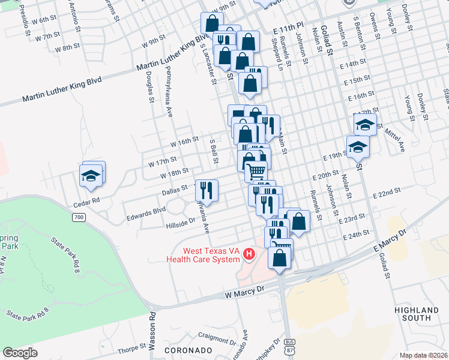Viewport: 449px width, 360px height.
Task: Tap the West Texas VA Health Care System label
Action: (x=208, y=255)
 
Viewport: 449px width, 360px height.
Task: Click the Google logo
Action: (x=20, y=353)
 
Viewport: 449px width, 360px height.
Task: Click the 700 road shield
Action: (x=79, y=217)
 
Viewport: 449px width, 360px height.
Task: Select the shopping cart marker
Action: (x=256, y=171)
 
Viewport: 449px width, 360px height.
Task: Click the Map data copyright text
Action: (x=424, y=355)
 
